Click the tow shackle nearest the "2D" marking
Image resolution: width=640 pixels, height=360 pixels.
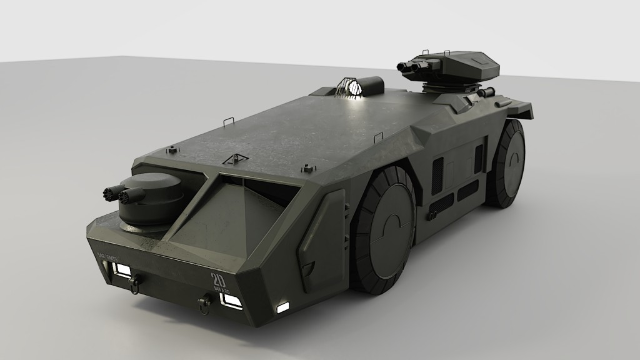click(x=203, y=304)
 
